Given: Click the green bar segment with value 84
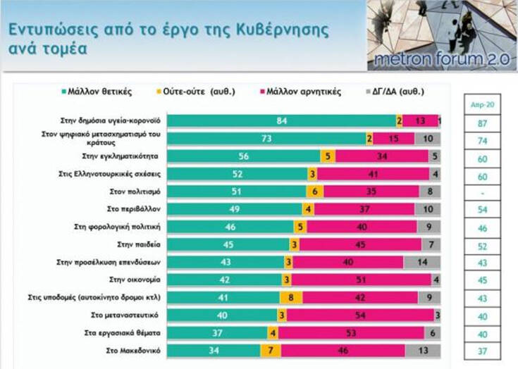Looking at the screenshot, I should [x=282, y=120].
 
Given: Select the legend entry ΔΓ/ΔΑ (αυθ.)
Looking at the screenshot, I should [x=397, y=92].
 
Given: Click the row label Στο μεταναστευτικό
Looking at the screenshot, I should [x=130, y=314].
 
